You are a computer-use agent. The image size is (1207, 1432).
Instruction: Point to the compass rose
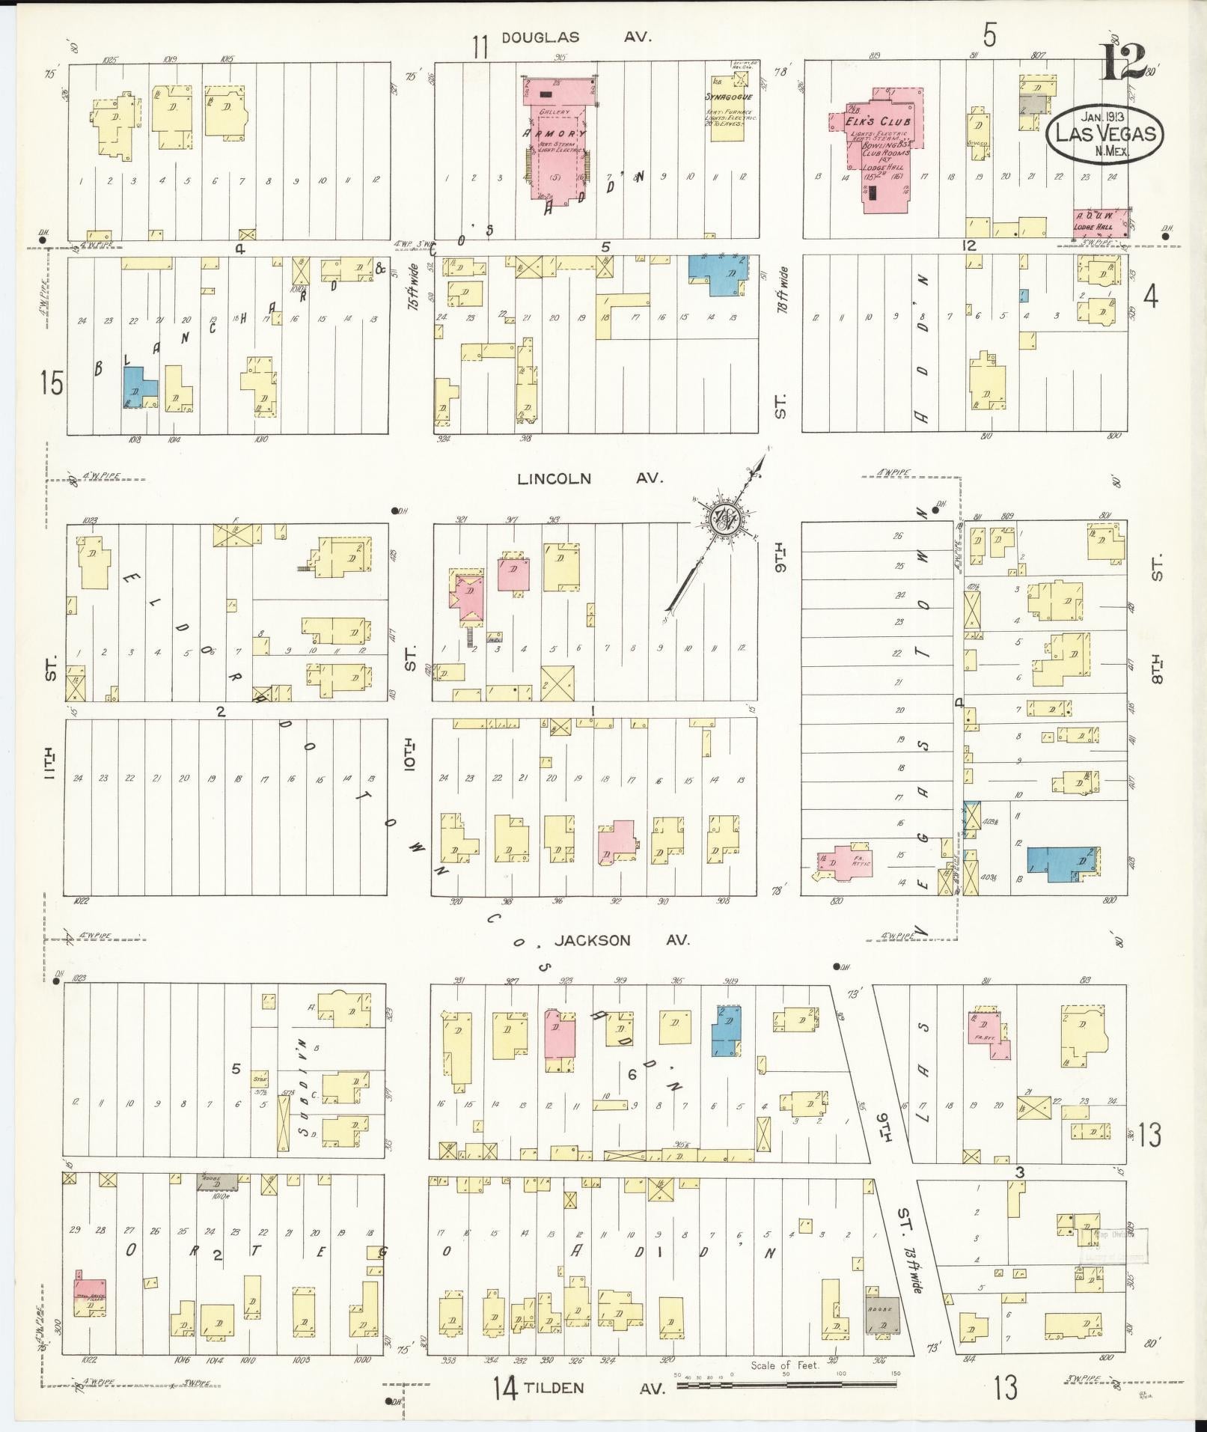(725, 517)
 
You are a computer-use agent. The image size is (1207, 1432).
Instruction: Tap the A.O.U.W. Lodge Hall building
(1099, 223)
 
